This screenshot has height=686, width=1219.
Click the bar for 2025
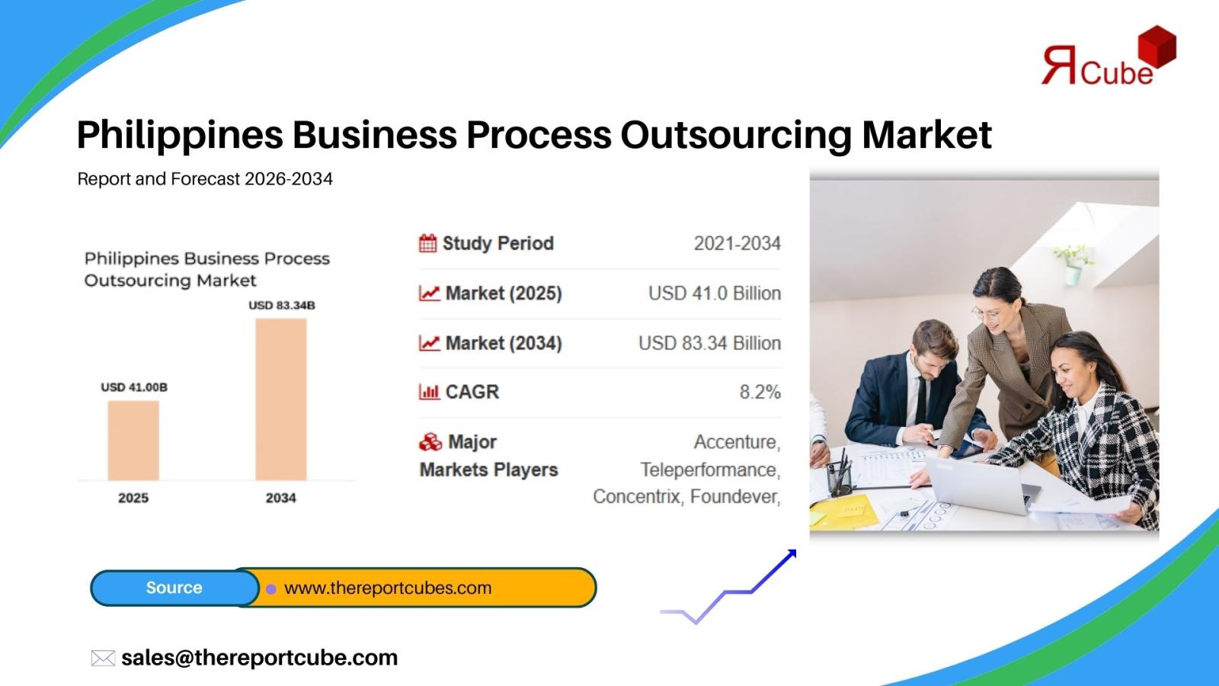[133, 441]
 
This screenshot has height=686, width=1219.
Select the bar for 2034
[281, 399]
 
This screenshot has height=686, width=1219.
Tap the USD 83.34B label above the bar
[282, 306]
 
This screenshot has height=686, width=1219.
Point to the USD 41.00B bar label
[134, 387]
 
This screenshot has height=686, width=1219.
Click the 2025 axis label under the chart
[133, 498]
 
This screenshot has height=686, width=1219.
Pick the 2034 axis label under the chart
[281, 498]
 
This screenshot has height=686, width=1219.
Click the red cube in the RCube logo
[1157, 46]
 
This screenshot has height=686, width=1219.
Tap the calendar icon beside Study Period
[427, 243]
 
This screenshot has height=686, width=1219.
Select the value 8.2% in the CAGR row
[760, 392]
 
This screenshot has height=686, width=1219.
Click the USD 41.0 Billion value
[715, 293]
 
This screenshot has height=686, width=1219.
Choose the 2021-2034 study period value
[737, 243]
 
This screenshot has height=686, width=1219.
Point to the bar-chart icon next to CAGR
[429, 392]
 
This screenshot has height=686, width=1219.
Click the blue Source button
[174, 588]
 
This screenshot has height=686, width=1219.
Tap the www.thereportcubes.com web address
[388, 588]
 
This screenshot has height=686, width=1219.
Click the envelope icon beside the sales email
[103, 659]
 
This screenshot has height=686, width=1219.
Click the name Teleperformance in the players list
[710, 470]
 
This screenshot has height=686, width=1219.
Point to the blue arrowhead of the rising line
[792, 554]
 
